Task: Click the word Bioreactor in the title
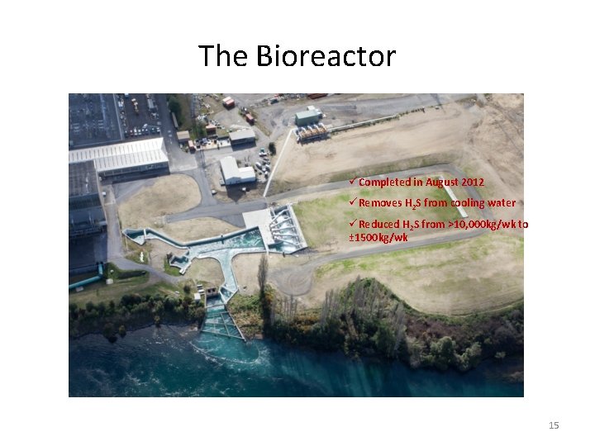click(x=326, y=56)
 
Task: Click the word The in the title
click(x=224, y=56)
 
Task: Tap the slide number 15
click(x=554, y=425)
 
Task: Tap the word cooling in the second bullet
click(x=469, y=203)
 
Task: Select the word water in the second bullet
click(x=502, y=203)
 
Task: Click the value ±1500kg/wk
click(x=378, y=238)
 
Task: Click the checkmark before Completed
click(x=353, y=182)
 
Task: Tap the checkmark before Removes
click(x=353, y=203)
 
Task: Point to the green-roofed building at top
click(x=307, y=116)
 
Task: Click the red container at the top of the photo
click(x=228, y=102)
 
